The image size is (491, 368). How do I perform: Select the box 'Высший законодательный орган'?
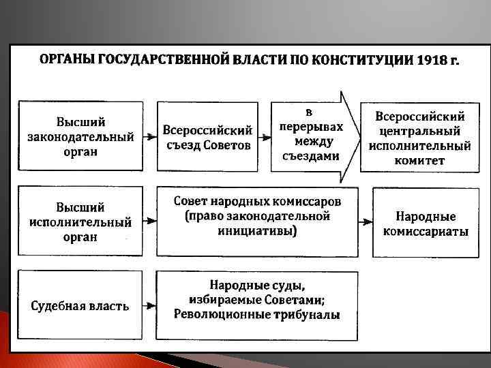(x=80, y=136)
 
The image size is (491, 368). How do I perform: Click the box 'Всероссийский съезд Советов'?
(x=207, y=136)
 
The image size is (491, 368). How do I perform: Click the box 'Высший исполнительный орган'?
(x=80, y=221)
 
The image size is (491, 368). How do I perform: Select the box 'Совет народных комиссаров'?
(x=256, y=217)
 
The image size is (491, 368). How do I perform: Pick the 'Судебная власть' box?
(x=80, y=305)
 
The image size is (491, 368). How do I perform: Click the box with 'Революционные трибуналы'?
(x=256, y=305)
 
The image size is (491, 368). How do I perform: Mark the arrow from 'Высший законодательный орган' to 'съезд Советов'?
(x=149, y=136)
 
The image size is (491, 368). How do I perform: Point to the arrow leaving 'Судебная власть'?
(x=149, y=305)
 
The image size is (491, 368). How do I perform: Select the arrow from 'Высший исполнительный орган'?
(x=149, y=221)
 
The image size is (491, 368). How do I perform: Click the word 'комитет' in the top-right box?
(x=419, y=162)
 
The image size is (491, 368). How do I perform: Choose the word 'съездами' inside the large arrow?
(x=310, y=155)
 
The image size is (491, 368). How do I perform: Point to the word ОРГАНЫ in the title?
(x=68, y=60)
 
